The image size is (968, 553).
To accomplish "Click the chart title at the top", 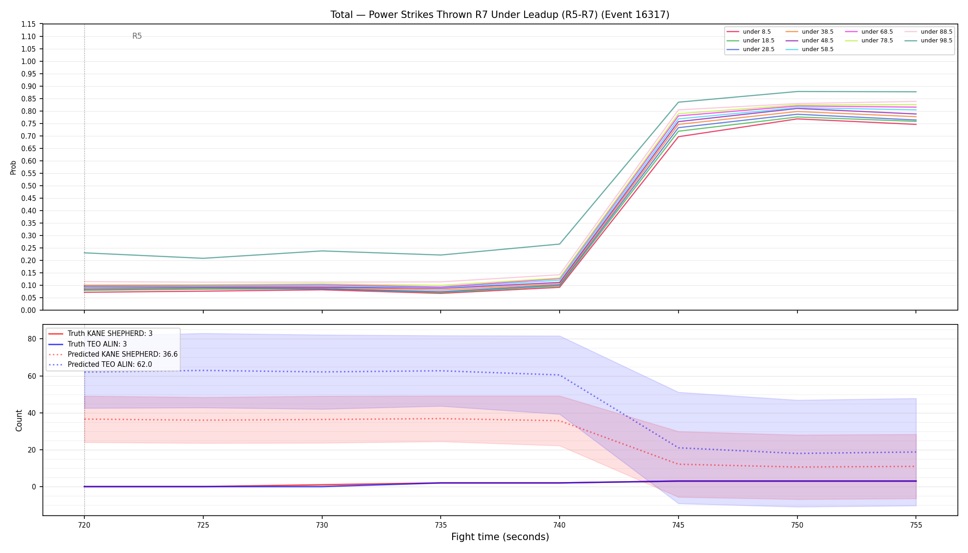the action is click(x=500, y=15).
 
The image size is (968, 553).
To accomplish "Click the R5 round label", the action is click(x=137, y=36).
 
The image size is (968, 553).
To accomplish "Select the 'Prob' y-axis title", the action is click(x=13, y=167).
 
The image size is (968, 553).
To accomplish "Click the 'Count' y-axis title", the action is click(x=19, y=420).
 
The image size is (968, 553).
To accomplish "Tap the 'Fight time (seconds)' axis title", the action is click(x=500, y=537).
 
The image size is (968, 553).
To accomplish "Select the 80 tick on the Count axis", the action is click(x=32, y=339).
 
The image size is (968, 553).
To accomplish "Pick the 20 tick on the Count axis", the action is click(x=32, y=450).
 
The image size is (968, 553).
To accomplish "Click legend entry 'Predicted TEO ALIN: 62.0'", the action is click(x=110, y=365).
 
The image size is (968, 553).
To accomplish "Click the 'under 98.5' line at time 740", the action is click(x=560, y=244).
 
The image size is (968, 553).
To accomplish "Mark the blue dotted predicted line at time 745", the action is click(x=678, y=448).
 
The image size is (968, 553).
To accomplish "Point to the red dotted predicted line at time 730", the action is click(x=322, y=419).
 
